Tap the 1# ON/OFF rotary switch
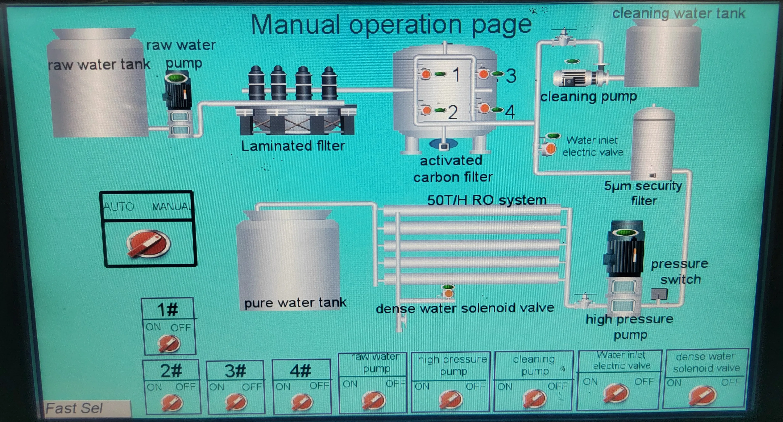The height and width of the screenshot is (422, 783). tap(169, 343)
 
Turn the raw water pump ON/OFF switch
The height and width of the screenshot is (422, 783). tap(374, 400)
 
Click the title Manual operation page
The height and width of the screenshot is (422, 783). tap(391, 25)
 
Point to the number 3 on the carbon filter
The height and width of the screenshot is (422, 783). tap(511, 76)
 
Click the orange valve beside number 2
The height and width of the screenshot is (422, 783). tap(426, 110)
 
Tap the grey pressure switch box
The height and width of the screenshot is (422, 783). tap(659, 294)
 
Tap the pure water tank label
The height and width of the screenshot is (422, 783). tap(295, 303)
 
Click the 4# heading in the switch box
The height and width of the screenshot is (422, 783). tap(301, 371)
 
